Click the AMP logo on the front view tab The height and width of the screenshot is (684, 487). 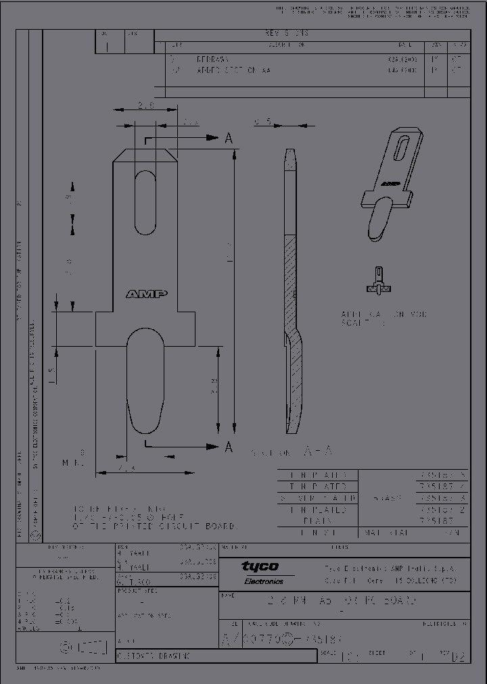[x=146, y=294]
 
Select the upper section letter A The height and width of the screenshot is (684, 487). [x=229, y=139]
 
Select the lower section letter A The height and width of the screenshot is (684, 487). [x=229, y=447]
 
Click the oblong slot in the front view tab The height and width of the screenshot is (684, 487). [x=145, y=202]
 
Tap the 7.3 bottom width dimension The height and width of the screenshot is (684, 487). [x=125, y=468]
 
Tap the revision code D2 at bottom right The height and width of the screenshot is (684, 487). [x=460, y=655]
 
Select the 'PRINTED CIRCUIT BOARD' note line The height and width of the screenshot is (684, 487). [x=156, y=526]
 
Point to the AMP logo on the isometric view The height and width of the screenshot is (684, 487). [x=390, y=182]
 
